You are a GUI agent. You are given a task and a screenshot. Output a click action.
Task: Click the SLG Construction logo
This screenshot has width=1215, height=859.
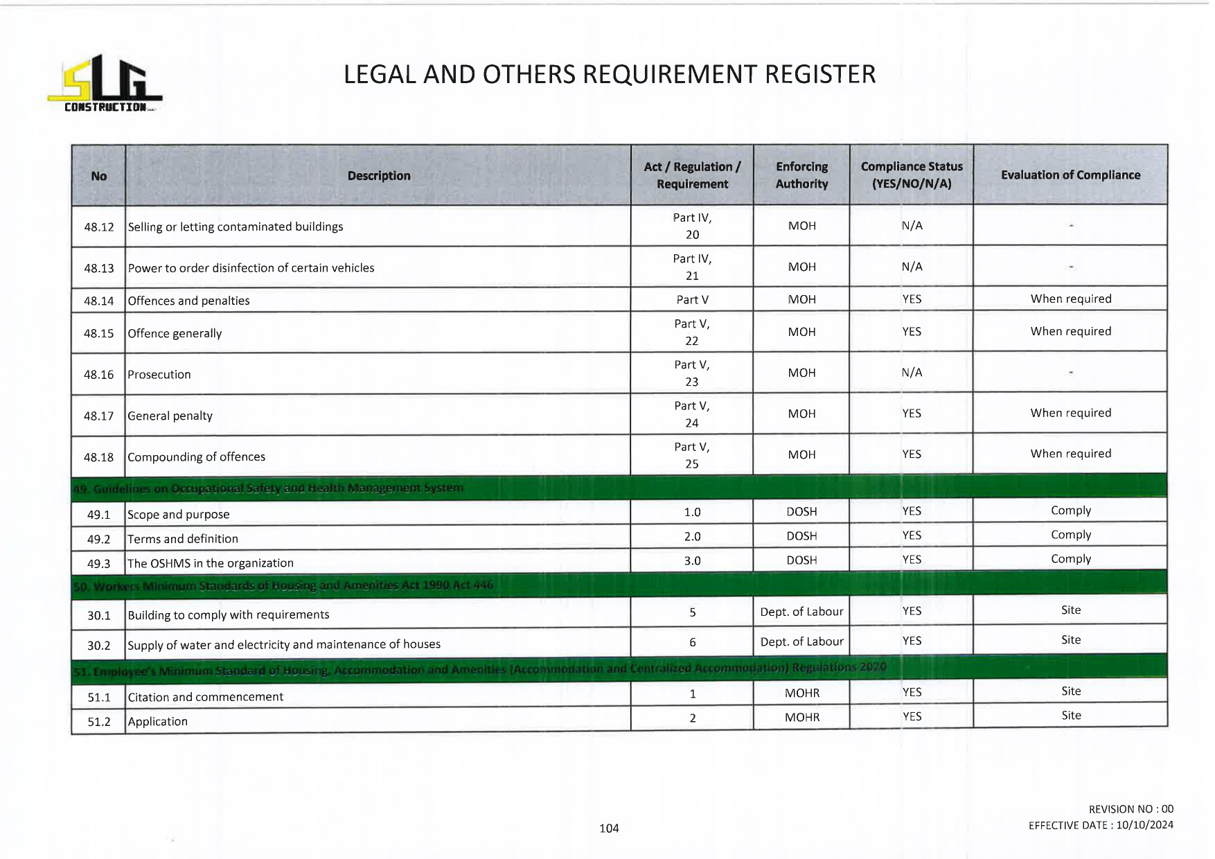[x=105, y=84]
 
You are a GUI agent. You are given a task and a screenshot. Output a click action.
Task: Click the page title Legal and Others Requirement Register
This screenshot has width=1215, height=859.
[x=610, y=75]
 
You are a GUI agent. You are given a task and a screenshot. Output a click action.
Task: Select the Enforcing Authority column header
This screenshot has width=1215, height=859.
[x=801, y=175]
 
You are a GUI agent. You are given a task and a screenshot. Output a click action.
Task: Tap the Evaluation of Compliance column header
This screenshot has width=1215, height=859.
[x=1070, y=175]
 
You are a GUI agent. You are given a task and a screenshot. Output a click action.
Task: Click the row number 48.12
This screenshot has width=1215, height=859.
[x=98, y=227]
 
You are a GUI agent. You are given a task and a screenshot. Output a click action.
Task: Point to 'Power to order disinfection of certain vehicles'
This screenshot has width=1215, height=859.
[x=251, y=268]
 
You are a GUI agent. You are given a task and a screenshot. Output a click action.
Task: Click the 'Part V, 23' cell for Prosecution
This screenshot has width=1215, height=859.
[x=692, y=373]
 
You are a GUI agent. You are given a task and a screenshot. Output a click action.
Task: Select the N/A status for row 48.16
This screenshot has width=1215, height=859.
[x=912, y=373]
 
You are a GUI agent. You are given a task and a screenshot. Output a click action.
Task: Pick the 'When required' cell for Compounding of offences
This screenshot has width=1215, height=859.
[x=1070, y=454]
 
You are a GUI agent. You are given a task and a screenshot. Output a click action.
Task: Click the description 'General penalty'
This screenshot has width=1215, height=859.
[x=170, y=416]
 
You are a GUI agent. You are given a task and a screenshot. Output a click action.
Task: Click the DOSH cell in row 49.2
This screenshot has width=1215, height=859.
[x=801, y=536]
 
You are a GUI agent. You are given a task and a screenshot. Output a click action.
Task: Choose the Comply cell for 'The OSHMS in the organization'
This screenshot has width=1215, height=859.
[x=1070, y=559]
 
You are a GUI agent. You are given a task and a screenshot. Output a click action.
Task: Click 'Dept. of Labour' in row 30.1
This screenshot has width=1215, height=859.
[x=801, y=612]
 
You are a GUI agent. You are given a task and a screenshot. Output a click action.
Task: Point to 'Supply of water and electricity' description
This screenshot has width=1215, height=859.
[x=284, y=645]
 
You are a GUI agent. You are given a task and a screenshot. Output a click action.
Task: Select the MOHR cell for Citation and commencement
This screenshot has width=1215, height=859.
[x=801, y=693]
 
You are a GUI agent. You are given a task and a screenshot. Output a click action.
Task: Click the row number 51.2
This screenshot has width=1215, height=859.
[x=98, y=722]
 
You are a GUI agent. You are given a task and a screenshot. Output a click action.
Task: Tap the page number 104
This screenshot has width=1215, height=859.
[x=609, y=829]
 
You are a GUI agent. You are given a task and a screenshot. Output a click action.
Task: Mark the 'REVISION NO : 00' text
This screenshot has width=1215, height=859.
[x=1130, y=809]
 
